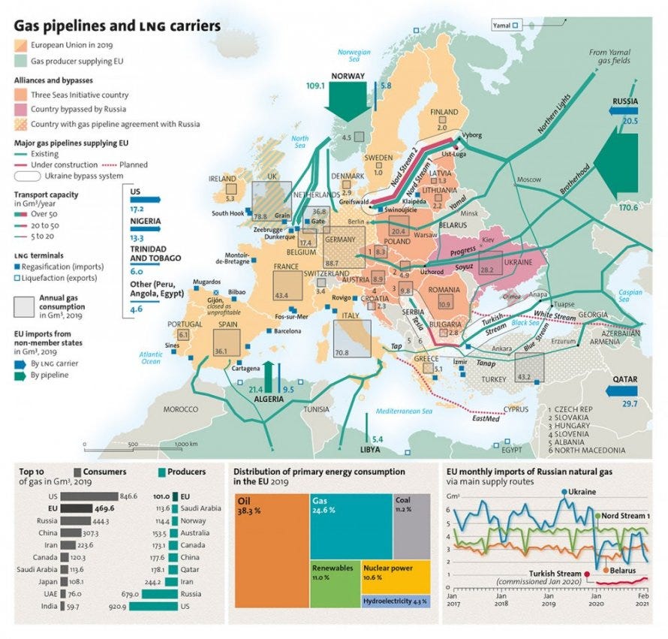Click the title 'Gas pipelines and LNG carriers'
click(x=117, y=26)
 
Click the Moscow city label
click(x=528, y=179)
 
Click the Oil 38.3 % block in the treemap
click(x=270, y=550)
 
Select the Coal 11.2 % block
click(x=411, y=526)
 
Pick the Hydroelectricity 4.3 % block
click(x=396, y=601)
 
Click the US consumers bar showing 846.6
click(x=89, y=496)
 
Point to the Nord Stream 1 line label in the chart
click(x=622, y=516)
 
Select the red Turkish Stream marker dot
click(x=588, y=574)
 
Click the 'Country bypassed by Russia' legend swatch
click(x=20, y=110)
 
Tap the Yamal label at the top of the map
click(x=501, y=25)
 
